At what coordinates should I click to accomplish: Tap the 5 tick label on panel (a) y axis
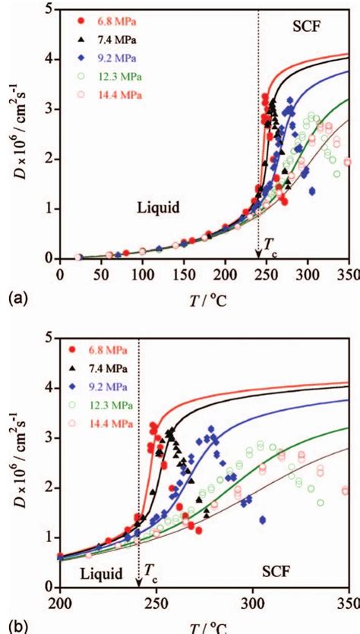[x=49, y=10]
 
